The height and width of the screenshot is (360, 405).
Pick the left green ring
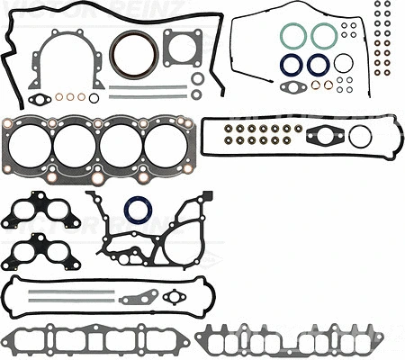292,35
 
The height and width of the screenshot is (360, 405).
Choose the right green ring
324,35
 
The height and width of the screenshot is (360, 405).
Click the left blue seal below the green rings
291,64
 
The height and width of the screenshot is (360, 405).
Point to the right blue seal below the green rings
318,64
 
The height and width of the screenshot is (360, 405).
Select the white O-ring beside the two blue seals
343,63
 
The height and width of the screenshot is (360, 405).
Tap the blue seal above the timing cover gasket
139,209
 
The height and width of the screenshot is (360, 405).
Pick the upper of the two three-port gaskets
40,211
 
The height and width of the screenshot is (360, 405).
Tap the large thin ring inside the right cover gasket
360,136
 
